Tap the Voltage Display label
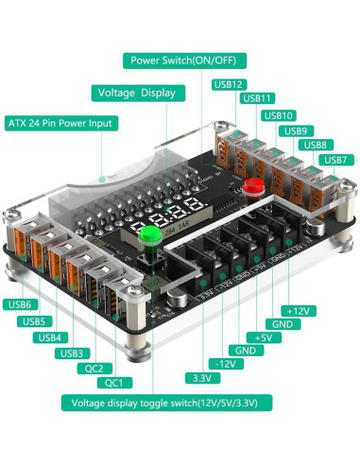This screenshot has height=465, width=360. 138,93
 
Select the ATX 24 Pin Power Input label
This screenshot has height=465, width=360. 60,123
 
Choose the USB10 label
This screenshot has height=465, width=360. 280,115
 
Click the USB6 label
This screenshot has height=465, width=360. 21,304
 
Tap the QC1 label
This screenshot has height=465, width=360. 113,383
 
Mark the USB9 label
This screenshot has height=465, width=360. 296,130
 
